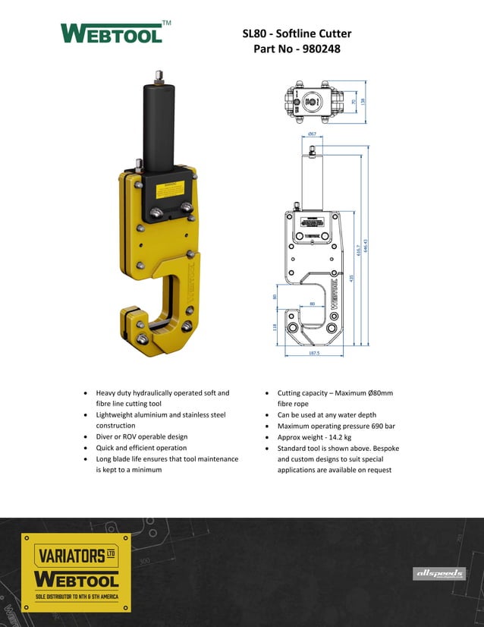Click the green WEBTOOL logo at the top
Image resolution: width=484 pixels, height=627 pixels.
pyautogui.click(x=112, y=34)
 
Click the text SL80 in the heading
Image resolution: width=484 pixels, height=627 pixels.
pyautogui.click(x=254, y=33)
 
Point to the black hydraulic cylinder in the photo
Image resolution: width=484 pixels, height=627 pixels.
pyautogui.click(x=159, y=125)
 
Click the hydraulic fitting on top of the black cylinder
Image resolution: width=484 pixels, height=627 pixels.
pyautogui.click(x=159, y=76)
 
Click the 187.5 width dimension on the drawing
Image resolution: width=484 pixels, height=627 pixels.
pyautogui.click(x=313, y=353)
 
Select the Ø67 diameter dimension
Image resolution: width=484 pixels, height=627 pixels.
pyautogui.click(x=312, y=134)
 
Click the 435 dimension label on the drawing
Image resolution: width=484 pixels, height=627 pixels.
pyautogui.click(x=351, y=278)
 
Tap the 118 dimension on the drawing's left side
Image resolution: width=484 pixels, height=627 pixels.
pyautogui.click(x=275, y=328)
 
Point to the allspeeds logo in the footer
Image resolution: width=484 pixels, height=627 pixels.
pyautogui.click(x=438, y=574)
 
